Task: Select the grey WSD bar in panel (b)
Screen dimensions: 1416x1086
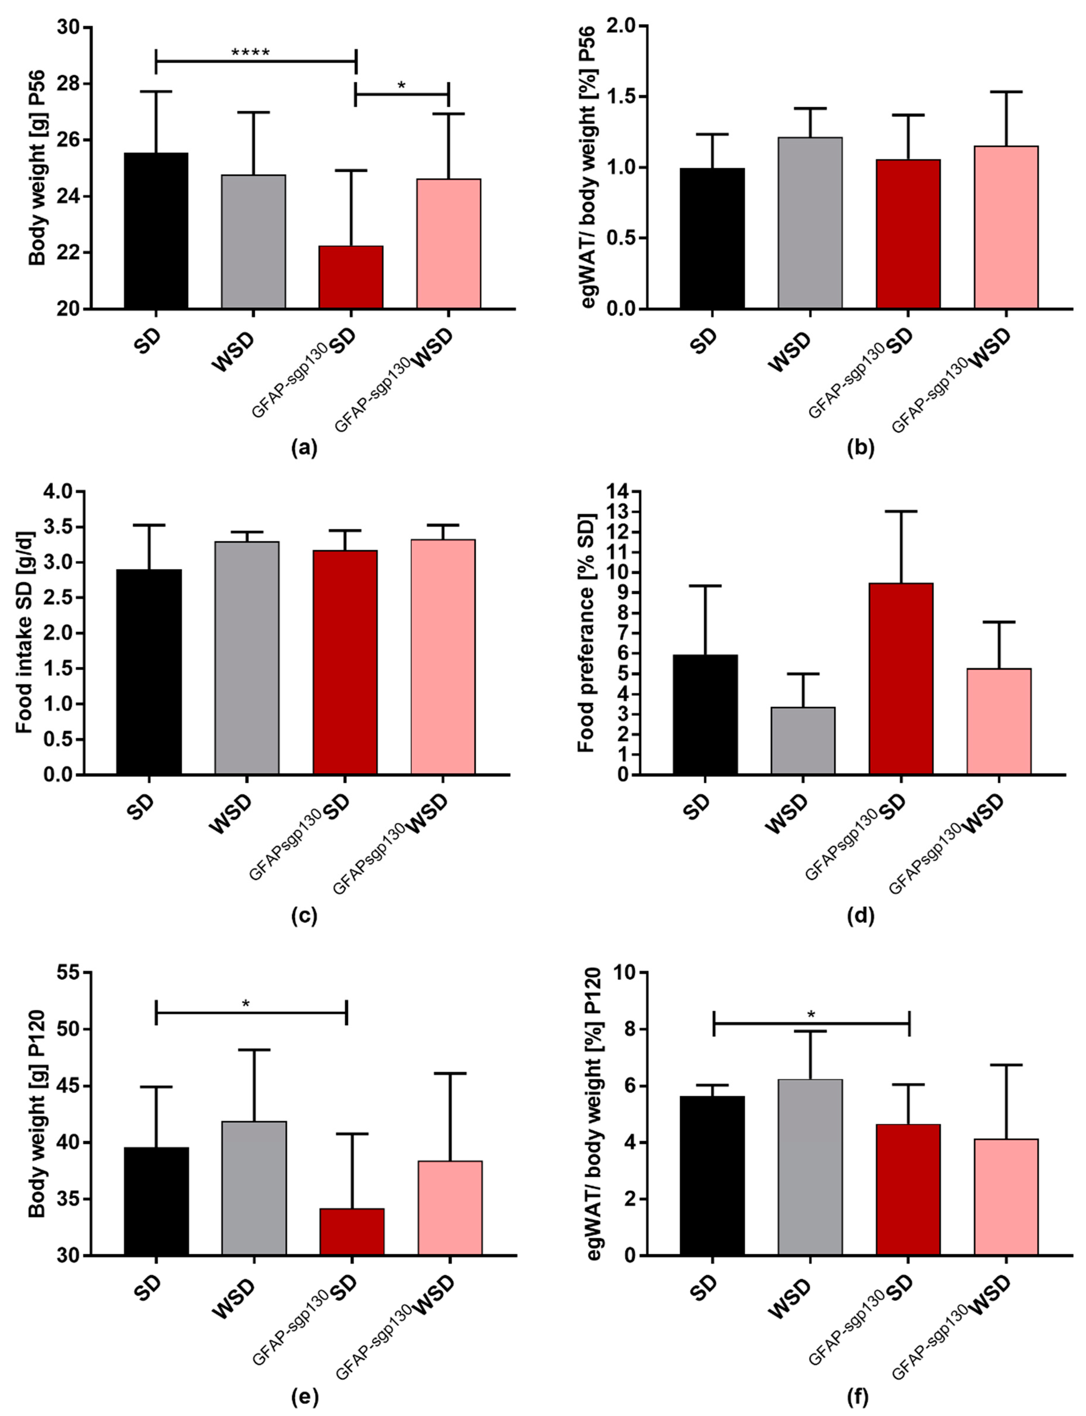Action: [810, 223]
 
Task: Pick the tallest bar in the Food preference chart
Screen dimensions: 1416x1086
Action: [901, 678]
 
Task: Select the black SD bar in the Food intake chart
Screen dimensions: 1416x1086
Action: [149, 672]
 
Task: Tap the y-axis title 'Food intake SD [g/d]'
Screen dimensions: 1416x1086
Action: [24, 633]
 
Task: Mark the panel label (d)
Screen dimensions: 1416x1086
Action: [860, 915]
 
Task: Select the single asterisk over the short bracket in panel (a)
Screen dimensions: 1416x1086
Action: [402, 85]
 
